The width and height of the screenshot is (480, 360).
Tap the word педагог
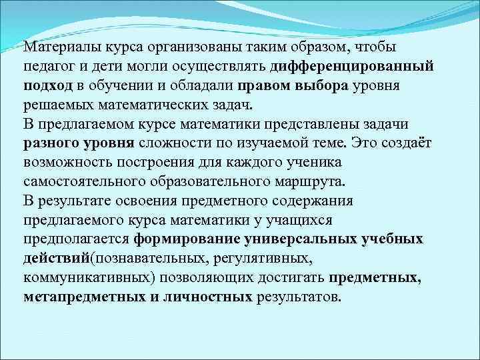47,67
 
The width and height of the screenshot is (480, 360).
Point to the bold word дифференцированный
353,67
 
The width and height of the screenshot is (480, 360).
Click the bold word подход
47,87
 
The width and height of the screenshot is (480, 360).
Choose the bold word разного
50,144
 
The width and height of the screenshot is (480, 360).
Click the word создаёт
403,144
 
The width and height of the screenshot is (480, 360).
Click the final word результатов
298,297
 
